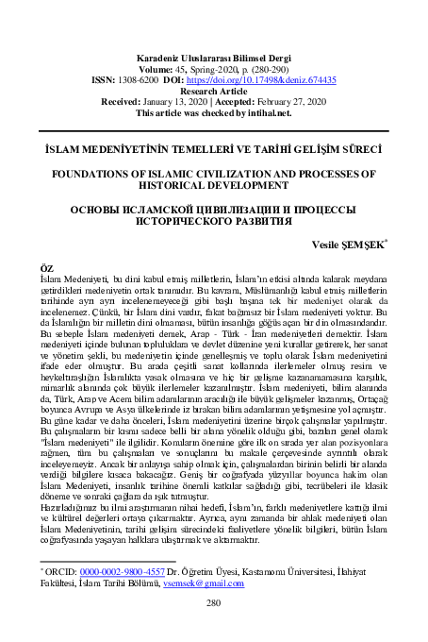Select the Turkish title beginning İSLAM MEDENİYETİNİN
pyautogui.click(x=214, y=149)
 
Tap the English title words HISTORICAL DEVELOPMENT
pyautogui.click(x=214, y=185)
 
